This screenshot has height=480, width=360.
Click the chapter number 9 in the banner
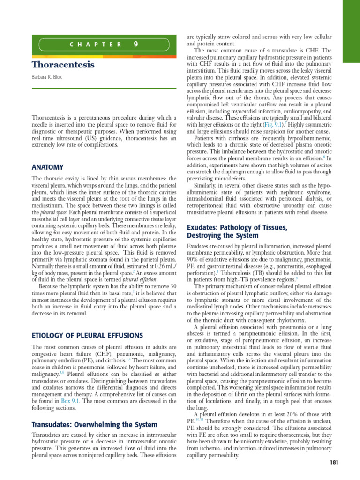(x=135, y=45)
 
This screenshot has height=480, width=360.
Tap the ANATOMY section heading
(x=47, y=167)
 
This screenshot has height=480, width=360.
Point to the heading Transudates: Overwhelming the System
(x=94, y=425)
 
